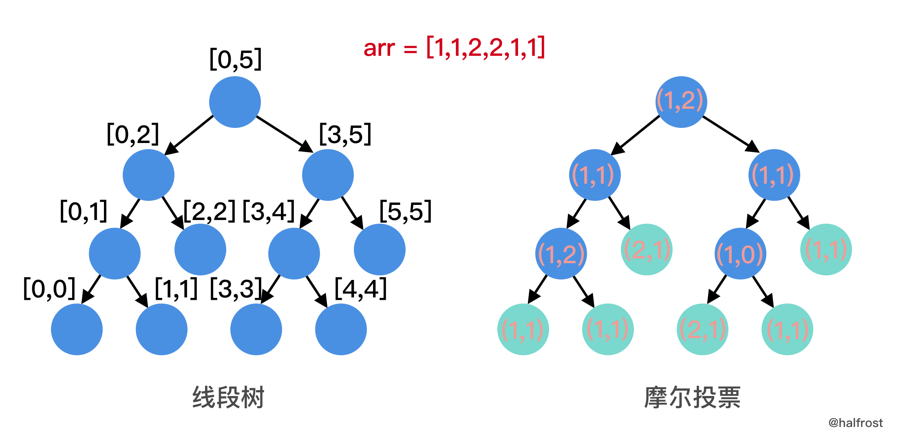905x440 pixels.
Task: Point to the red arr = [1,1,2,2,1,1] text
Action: click(454, 48)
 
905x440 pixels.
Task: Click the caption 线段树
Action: click(228, 397)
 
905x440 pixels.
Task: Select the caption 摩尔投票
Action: click(692, 397)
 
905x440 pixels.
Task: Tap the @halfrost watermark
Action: click(855, 423)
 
